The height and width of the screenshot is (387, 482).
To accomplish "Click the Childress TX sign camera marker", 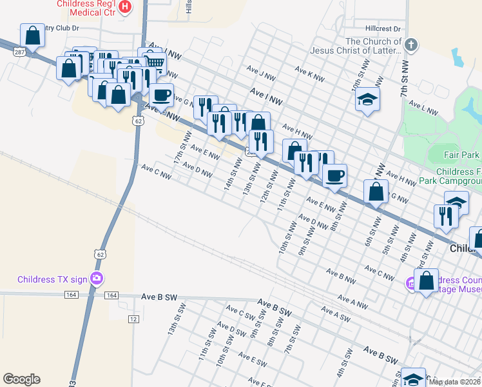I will click(97, 279).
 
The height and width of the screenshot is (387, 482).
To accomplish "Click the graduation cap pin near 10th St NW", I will click(367, 99).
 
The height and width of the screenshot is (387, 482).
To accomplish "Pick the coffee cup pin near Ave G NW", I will click(162, 95).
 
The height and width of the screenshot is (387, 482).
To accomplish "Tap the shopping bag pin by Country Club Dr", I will click(32, 36).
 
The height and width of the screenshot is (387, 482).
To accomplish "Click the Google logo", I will click(21, 379).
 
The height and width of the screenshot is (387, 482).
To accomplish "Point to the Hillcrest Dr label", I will click(383, 29).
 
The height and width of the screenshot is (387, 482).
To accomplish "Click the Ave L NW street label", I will click(423, 107).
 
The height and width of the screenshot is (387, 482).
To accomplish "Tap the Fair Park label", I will click(462, 155).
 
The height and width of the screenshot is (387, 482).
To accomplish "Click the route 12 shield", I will click(133, 319).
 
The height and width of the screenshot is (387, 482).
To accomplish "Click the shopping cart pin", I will click(155, 63).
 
